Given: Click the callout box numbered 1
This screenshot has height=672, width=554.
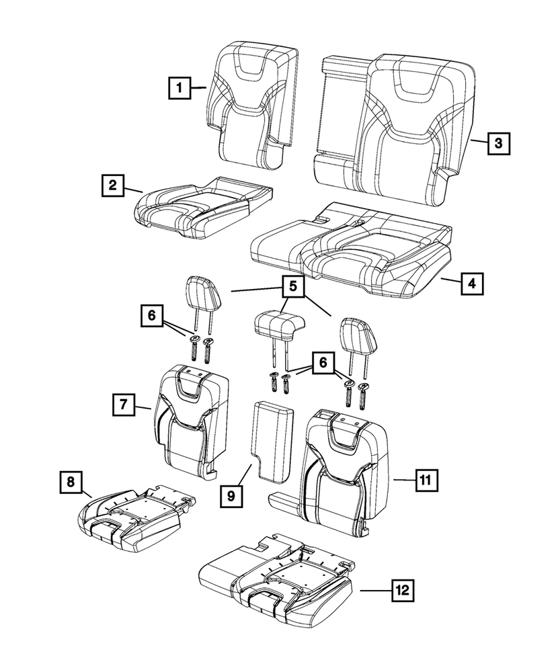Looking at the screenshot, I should coord(179,87).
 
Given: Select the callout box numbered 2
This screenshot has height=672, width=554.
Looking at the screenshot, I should coord(112,184).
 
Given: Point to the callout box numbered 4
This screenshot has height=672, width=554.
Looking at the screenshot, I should coord(471,284).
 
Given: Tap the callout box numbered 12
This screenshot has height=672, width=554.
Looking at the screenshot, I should coord(402,591).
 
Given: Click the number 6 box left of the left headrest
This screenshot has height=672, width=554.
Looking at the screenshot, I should coord(151,314).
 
